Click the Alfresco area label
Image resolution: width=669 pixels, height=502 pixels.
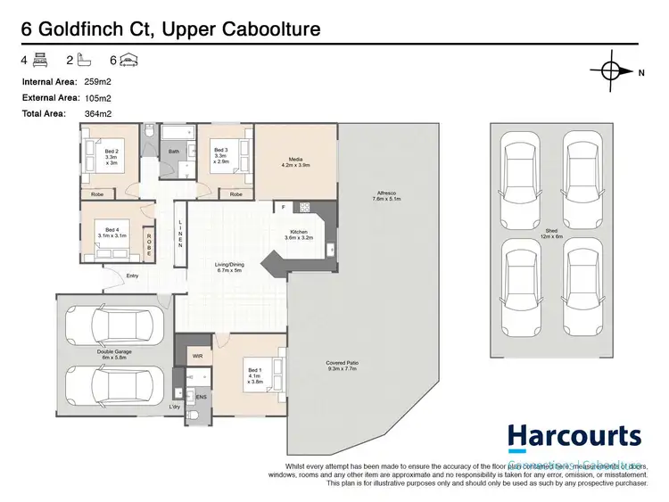pyautogui.click(x=385, y=196)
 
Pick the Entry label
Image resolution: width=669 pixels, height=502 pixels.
pyautogui.click(x=131, y=276)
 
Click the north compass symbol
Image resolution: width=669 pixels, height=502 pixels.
pyautogui.click(x=611, y=71)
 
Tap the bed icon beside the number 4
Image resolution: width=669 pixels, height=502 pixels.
pyautogui.click(x=39, y=61)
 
